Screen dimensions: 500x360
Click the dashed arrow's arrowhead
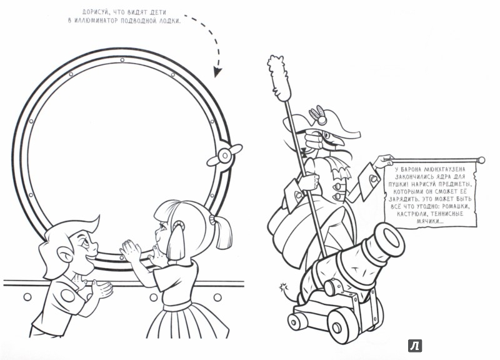pyautogui.click(x=217, y=72)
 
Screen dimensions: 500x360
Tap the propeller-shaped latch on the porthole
pyautogui.click(x=224, y=155)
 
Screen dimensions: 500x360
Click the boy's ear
pyautogui.click(x=64, y=254)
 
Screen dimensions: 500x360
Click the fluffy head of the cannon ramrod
pyautogui.click(x=278, y=77)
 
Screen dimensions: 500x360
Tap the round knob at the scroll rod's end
pyautogui.click(x=481, y=160)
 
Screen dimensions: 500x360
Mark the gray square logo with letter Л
pyautogui.click(x=415, y=346)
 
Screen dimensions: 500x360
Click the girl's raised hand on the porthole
pyautogui.click(x=131, y=249)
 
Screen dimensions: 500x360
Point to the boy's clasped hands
pyautogui.click(x=101, y=289)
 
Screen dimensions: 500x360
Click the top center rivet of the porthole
pyautogui.click(x=122, y=59)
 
